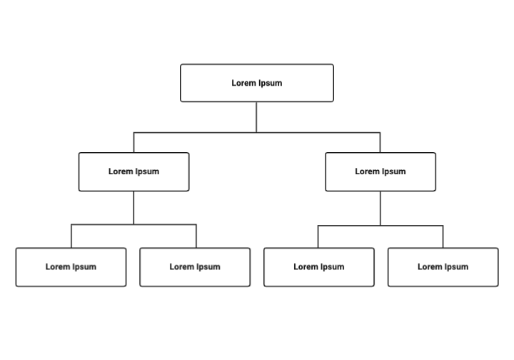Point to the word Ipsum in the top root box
click(x=271, y=83)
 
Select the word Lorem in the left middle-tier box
click(x=121, y=171)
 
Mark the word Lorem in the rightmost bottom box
click(x=430, y=267)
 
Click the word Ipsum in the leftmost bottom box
click(x=84, y=267)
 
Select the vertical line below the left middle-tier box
click(x=133, y=208)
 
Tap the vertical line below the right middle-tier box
click(x=380, y=209)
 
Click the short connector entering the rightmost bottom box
click(x=443, y=237)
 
